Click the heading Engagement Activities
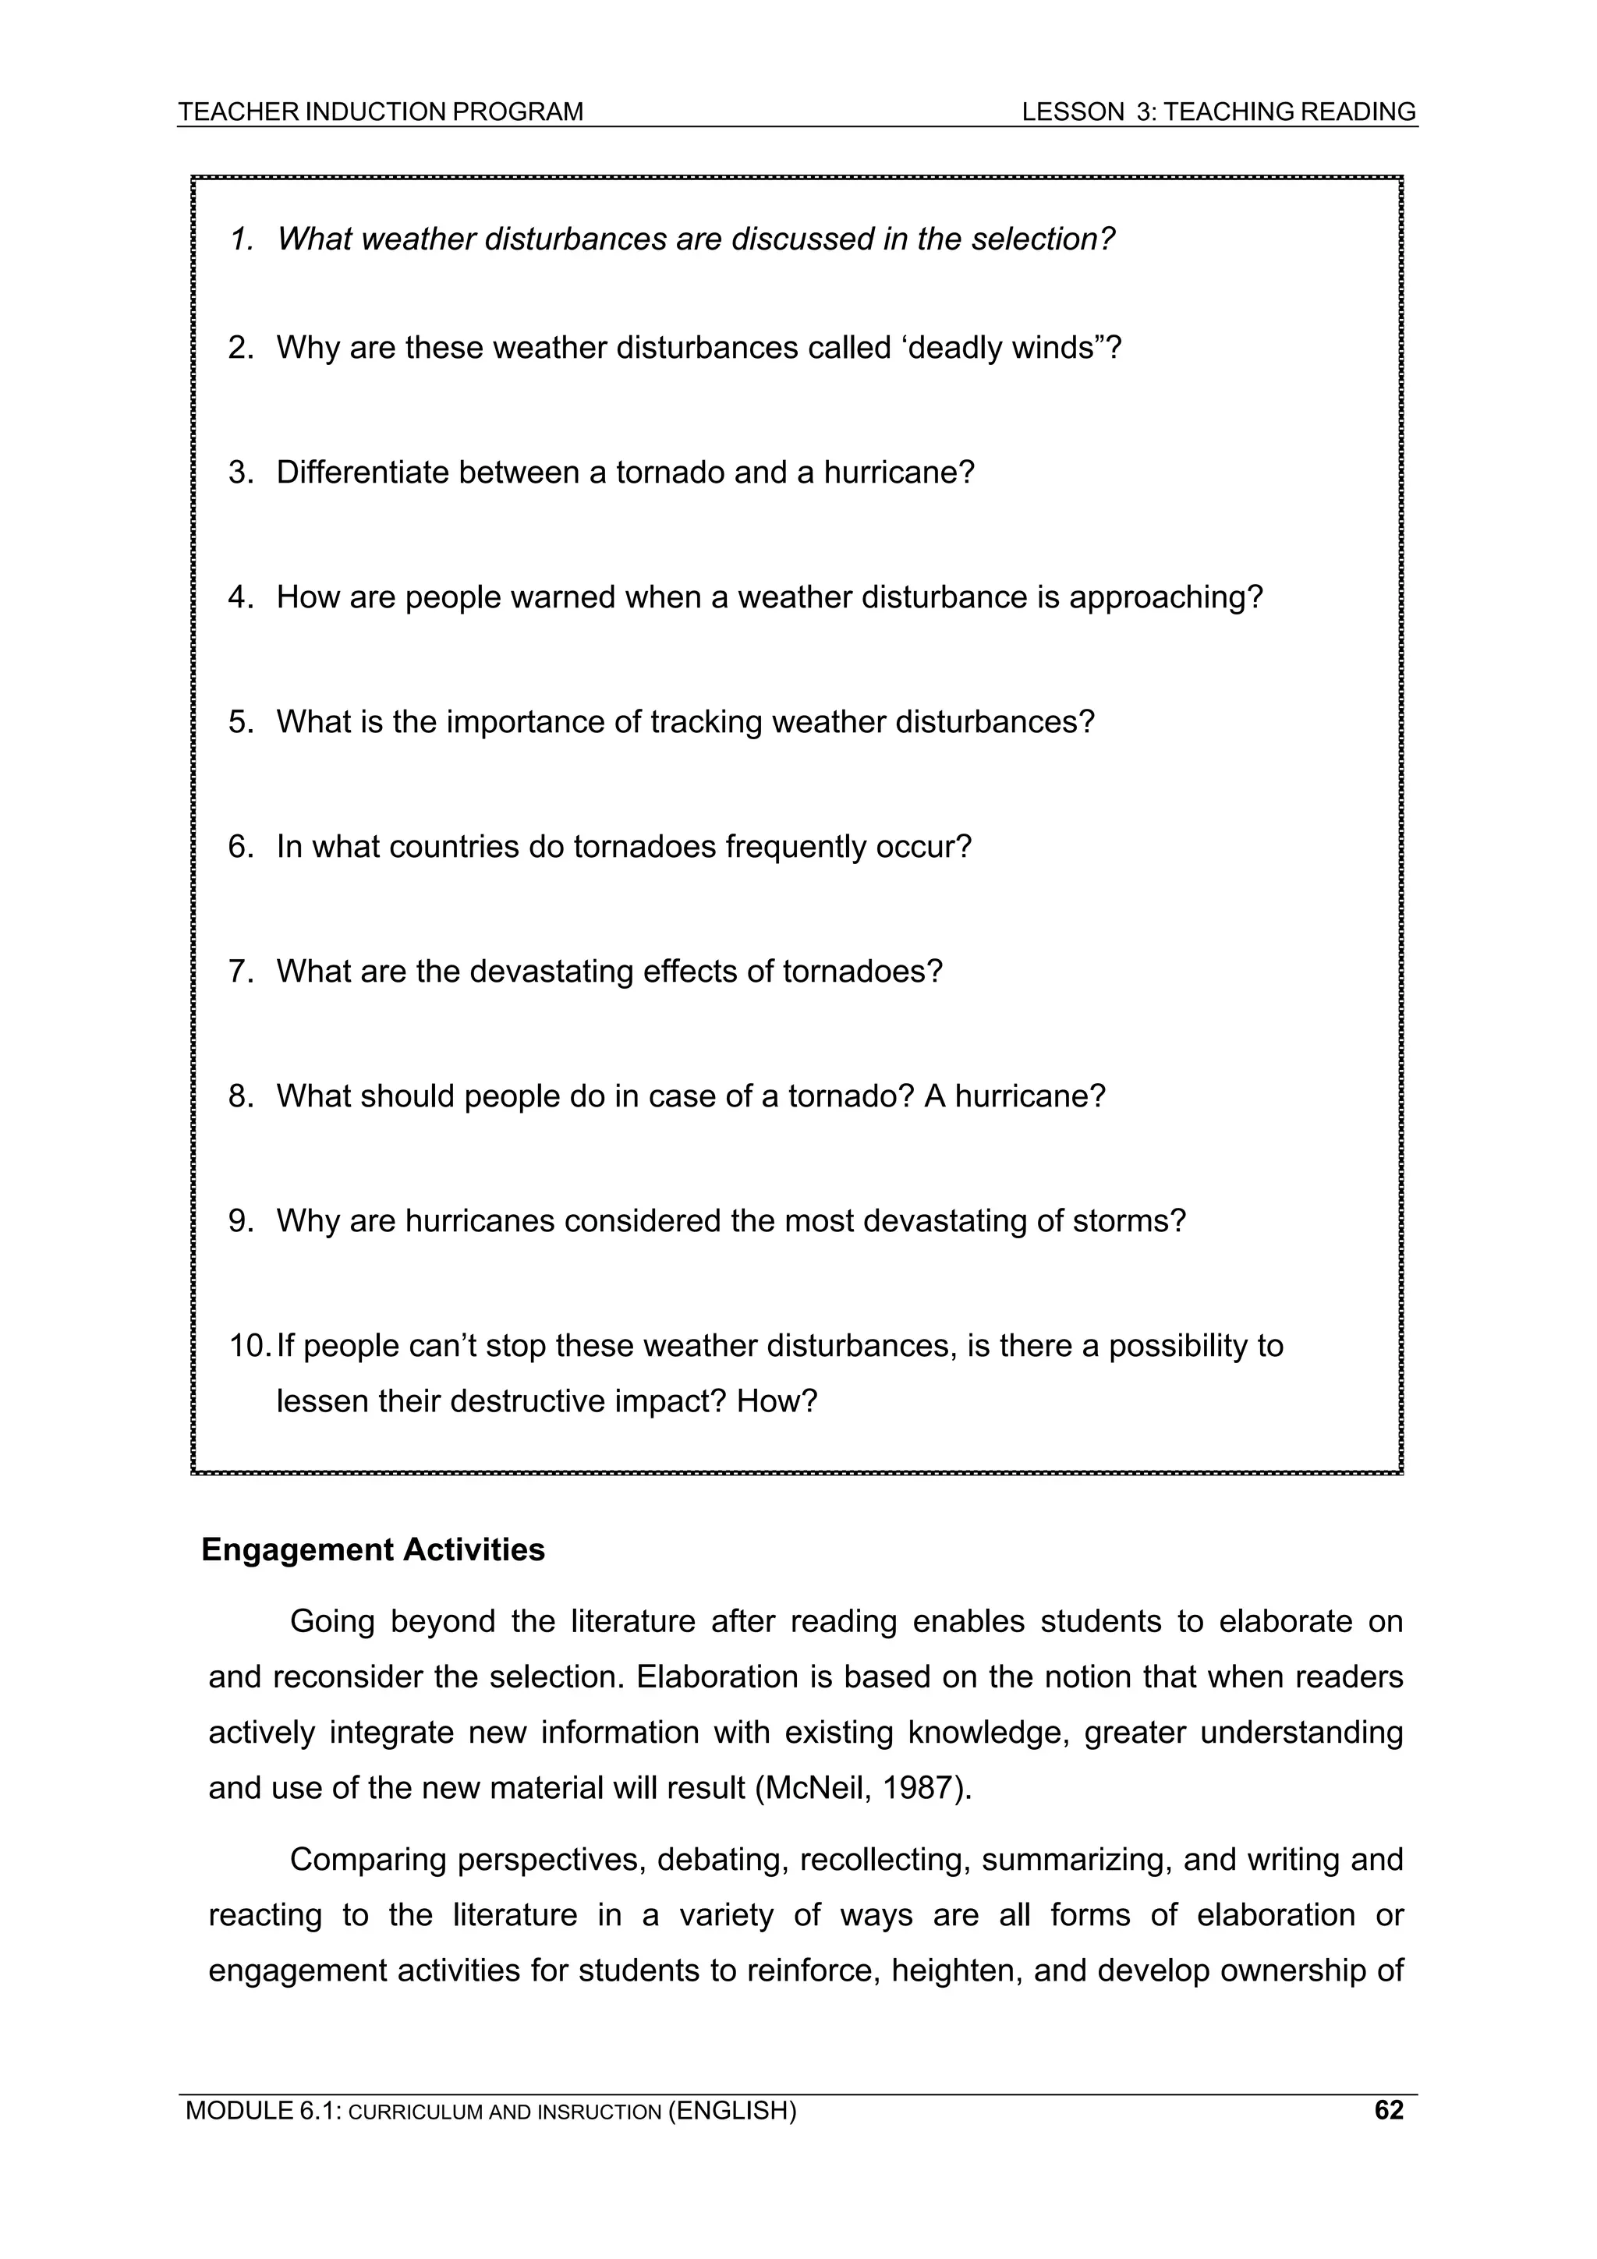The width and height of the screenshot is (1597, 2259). coord(373,1549)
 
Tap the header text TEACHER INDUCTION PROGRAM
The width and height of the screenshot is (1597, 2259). coord(381,112)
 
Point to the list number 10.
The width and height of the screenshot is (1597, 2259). coord(249,1345)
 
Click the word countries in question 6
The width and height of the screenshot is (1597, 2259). coord(454,847)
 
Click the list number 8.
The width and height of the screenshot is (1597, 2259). coord(241,1096)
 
